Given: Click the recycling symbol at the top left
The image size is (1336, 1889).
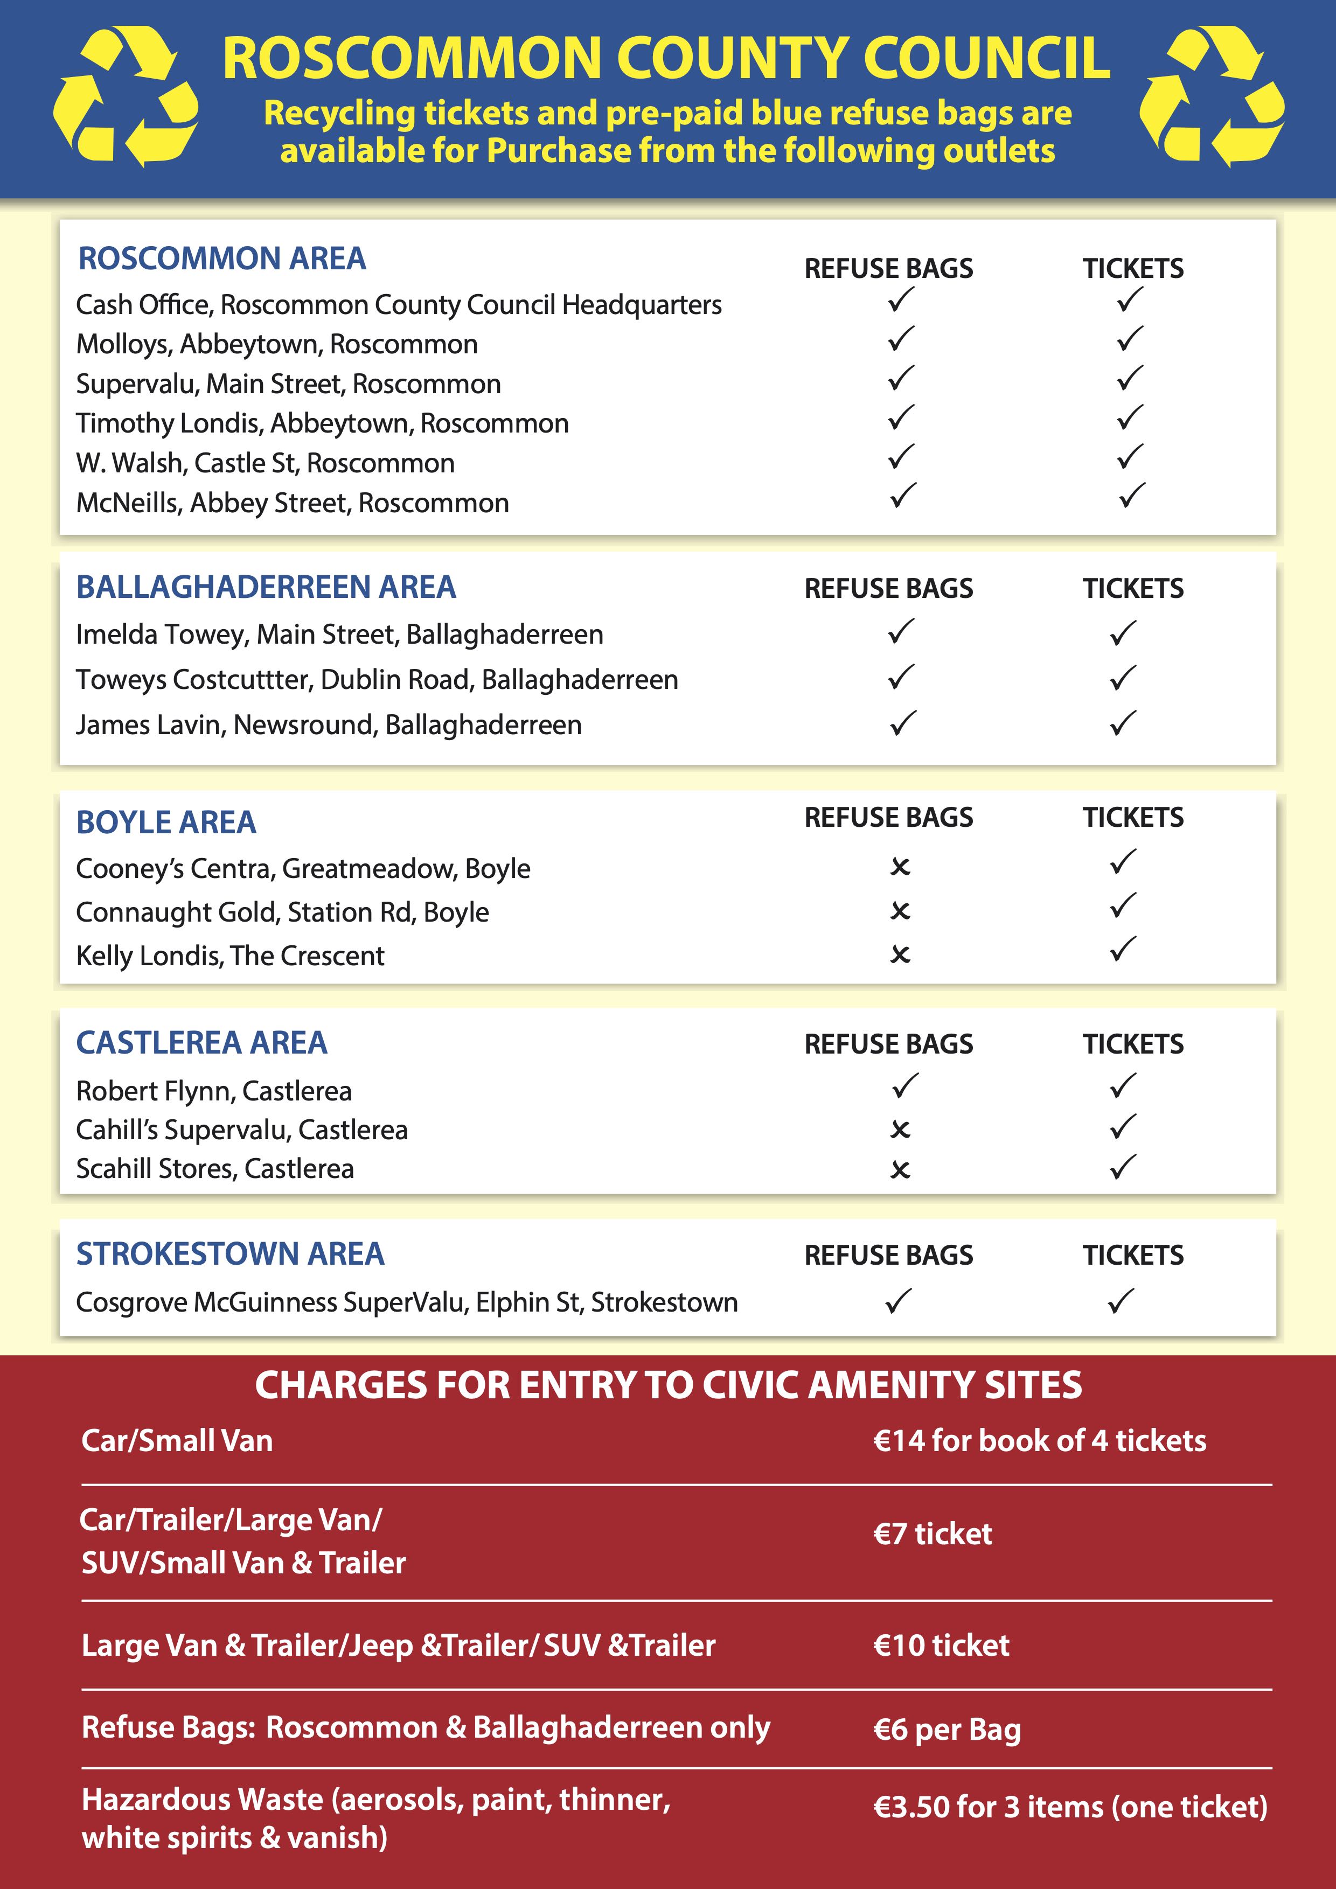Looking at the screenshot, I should pyautogui.click(x=125, y=96).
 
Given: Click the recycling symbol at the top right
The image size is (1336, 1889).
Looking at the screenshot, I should pyautogui.click(x=1211, y=96).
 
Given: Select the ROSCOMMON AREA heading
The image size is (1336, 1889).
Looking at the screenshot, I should pyautogui.click(x=221, y=259).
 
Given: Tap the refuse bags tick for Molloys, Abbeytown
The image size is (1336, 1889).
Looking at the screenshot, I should pyautogui.click(x=901, y=339).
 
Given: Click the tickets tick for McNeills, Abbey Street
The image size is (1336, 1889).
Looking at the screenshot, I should pyautogui.click(x=1131, y=496).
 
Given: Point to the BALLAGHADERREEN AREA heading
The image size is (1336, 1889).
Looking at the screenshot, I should pyautogui.click(x=266, y=587).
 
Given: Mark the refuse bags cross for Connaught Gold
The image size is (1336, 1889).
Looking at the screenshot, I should pyautogui.click(x=900, y=911).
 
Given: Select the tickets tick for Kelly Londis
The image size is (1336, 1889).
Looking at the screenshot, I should pyautogui.click(x=1123, y=950).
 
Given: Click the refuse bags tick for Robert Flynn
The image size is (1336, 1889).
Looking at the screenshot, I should pyautogui.click(x=904, y=1086).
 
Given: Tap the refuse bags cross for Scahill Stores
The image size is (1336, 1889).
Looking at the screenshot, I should pyautogui.click(x=900, y=1169).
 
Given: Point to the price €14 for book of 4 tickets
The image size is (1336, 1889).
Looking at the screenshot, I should pyautogui.click(x=1039, y=1441).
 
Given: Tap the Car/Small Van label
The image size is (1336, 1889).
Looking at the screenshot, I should pyautogui.click(x=177, y=1441).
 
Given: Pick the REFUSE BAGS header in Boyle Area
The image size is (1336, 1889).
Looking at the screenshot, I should pyautogui.click(x=888, y=817).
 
